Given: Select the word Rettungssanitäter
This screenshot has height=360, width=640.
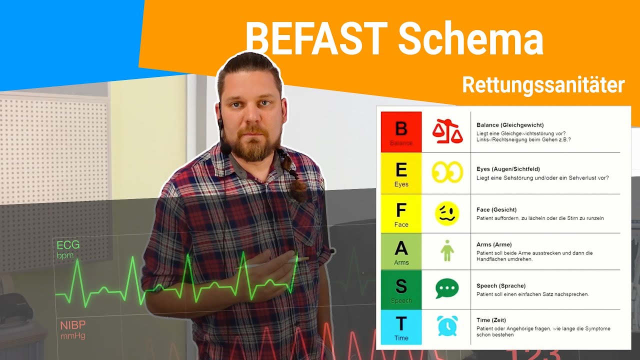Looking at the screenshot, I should tap(543, 85).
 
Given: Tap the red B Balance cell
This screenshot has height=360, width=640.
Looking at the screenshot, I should tap(401, 132).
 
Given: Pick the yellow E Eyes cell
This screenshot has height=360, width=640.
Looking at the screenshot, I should tap(401, 173).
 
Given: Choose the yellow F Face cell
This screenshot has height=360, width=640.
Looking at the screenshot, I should tap(401, 213).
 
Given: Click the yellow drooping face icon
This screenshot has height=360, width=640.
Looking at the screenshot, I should tap(446, 213).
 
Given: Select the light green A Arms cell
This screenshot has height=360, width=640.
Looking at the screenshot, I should tap(401, 251).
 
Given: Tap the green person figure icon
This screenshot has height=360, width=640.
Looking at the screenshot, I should tap(446, 250).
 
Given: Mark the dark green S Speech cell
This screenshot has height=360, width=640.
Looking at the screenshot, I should tap(401, 289).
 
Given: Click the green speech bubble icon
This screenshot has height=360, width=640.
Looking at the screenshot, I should tap(446, 288).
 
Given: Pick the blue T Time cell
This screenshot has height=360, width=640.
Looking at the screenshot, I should tap(401, 327).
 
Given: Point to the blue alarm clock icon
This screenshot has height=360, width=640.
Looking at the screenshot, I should tap(446, 326).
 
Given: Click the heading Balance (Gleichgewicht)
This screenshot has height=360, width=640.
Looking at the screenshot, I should tap(510, 125).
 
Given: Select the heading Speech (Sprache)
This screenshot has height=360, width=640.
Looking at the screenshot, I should tap(501, 286).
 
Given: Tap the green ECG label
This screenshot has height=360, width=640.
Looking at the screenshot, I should tap(68, 245).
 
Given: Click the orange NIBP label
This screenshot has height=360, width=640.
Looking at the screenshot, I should tap(72, 325).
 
